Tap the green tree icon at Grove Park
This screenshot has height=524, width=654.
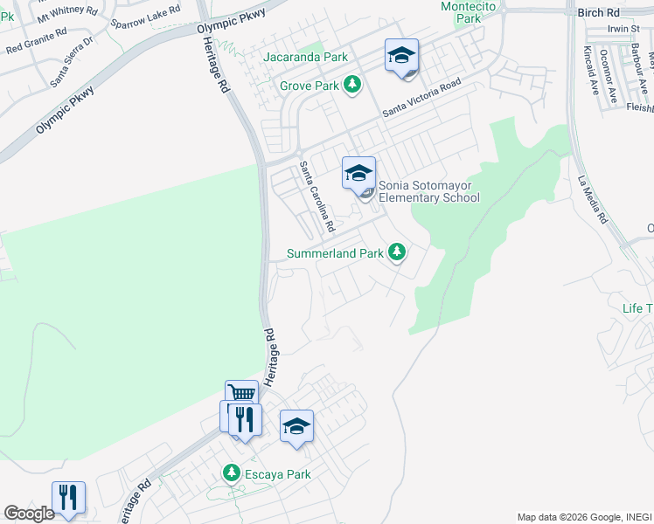[351, 85]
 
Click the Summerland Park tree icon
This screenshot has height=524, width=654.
[397, 252]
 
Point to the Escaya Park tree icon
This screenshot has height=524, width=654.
[231, 473]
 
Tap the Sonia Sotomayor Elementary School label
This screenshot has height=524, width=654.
[428, 190]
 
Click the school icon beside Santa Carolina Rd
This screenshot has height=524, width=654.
[358, 173]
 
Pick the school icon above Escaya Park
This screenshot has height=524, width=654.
[296, 426]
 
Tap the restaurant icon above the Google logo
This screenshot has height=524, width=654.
[67, 497]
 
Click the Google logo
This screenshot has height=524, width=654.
[29, 514]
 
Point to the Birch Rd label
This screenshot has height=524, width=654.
[598, 12]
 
